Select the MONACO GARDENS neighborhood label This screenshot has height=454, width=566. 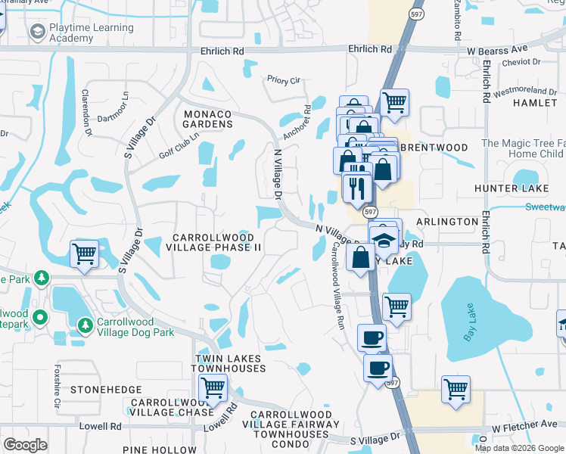[x=207, y=119]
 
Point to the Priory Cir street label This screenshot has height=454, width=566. [x=284, y=79]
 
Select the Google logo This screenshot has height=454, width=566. [x=25, y=445]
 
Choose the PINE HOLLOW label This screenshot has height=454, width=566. [x=164, y=449]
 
